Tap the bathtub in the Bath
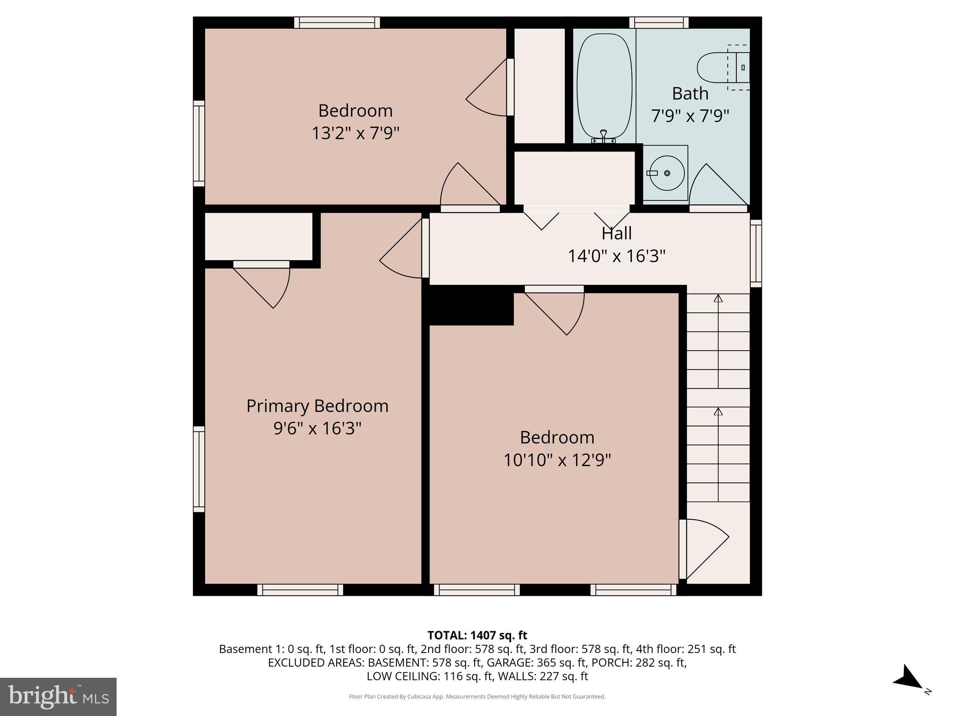point(604,86)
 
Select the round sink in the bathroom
point(666,173)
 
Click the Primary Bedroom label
point(317,406)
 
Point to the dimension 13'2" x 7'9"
point(355,133)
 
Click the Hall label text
point(616,233)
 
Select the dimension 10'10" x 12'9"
point(557,461)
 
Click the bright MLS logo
point(58,697)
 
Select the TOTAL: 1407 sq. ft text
point(477,635)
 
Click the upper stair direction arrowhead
point(718,298)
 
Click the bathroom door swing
point(716,186)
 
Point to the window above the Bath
point(659,22)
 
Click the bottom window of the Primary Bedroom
point(300,590)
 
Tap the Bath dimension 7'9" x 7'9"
point(690,116)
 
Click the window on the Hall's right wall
point(756,254)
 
